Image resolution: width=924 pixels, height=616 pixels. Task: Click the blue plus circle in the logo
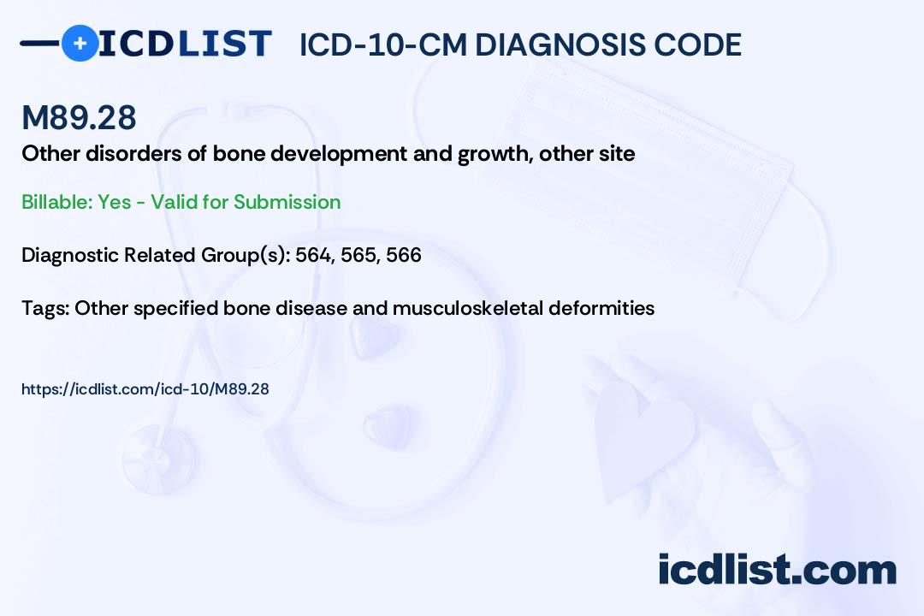click(80, 44)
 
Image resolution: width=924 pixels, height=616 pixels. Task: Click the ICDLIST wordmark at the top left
click(185, 44)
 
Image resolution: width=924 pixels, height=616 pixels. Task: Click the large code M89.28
click(79, 117)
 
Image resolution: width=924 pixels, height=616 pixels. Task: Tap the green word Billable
click(56, 202)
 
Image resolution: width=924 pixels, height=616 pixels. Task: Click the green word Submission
click(287, 202)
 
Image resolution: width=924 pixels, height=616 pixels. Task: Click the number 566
click(404, 255)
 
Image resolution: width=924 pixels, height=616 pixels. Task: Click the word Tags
click(44, 308)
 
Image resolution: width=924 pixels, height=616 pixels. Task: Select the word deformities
click(601, 308)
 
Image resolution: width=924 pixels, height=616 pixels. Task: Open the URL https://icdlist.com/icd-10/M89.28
click(145, 389)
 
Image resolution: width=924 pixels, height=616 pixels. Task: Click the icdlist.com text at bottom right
click(777, 570)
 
